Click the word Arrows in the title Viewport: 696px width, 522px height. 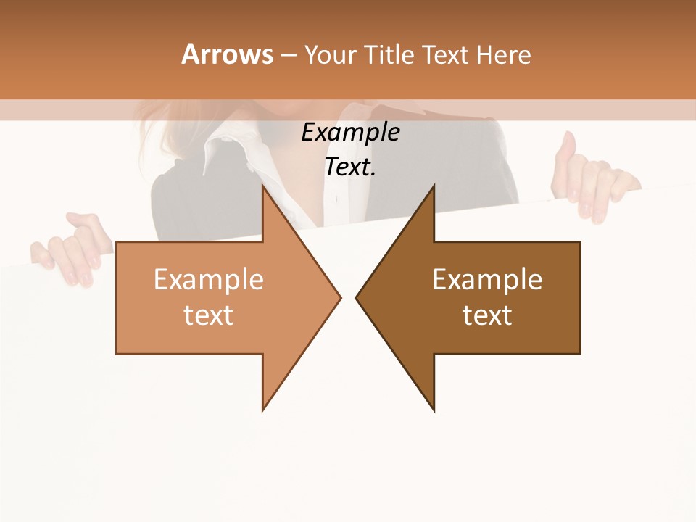coord(227,54)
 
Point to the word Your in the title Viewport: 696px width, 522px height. coord(331,55)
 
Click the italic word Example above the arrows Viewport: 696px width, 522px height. coord(350,132)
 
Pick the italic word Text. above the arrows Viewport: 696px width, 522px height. coord(350,167)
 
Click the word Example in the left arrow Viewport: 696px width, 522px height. coord(209,279)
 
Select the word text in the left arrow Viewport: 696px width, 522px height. coord(209,315)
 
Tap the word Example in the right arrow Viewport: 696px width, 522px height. coord(487,279)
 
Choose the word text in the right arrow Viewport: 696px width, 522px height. coord(487,315)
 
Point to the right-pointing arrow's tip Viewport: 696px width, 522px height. coord(339,297)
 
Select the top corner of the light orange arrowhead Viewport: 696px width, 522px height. coord(263,186)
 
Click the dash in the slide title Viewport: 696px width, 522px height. coord(288,55)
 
